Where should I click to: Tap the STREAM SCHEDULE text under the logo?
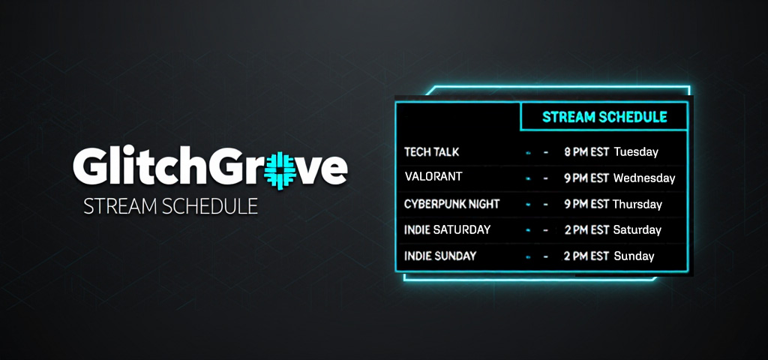(x=171, y=206)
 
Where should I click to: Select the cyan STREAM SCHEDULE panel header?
(x=604, y=117)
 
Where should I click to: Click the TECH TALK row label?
(x=432, y=152)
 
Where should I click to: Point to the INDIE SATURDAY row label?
(x=447, y=229)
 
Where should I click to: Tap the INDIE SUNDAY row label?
(x=440, y=256)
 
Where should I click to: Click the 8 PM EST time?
(x=586, y=152)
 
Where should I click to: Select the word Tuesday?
(x=636, y=152)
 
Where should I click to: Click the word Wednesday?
(x=644, y=178)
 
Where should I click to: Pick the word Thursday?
(x=637, y=204)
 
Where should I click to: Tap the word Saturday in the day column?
(x=637, y=229)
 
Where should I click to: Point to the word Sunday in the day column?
(x=634, y=256)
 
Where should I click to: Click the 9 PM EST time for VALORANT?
(x=586, y=178)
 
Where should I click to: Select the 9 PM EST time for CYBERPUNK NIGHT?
(x=586, y=204)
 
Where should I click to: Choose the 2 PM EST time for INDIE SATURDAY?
(x=586, y=229)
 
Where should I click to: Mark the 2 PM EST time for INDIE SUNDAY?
(x=586, y=256)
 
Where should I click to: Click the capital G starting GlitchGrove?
(x=89, y=169)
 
